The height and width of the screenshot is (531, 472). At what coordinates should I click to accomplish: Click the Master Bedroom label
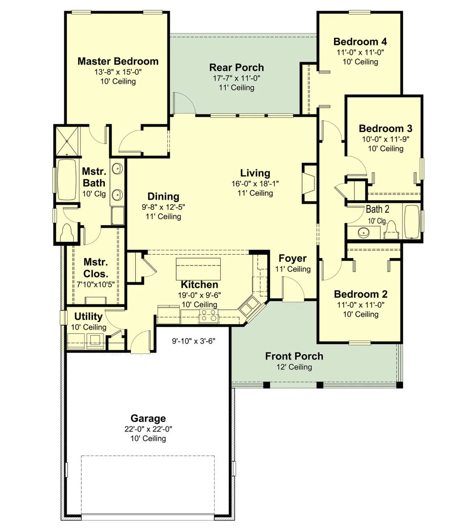(x=118, y=61)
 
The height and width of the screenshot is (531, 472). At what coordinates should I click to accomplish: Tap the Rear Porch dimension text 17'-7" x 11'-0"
(x=236, y=78)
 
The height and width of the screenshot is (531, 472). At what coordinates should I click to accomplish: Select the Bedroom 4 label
(x=360, y=42)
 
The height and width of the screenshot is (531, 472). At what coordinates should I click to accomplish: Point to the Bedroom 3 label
(x=385, y=129)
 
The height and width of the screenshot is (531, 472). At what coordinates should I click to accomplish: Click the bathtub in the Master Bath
(x=66, y=180)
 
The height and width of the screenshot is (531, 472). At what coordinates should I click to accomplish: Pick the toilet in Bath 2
(x=391, y=230)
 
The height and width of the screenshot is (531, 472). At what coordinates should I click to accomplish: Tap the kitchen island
(x=198, y=269)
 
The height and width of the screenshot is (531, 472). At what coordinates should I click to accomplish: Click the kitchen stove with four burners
(x=209, y=316)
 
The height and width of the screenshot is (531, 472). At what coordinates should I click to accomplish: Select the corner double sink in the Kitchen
(x=249, y=306)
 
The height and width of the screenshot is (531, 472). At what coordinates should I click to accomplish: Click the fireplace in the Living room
(x=309, y=183)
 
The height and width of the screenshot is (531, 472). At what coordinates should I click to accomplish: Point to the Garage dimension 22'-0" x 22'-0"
(x=148, y=429)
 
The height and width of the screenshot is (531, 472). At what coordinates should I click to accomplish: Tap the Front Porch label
(x=294, y=356)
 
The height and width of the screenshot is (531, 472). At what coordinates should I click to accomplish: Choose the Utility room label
(x=88, y=316)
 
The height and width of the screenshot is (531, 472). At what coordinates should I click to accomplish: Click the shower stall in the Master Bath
(x=67, y=141)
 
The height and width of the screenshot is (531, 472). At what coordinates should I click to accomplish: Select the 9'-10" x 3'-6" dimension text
(x=194, y=341)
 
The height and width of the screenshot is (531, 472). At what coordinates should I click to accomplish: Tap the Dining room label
(x=163, y=196)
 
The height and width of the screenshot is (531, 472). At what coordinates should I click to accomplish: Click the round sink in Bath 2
(x=364, y=232)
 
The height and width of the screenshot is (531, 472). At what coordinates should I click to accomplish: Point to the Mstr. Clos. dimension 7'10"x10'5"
(x=96, y=285)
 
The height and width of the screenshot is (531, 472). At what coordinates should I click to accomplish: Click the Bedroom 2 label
(x=361, y=294)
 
